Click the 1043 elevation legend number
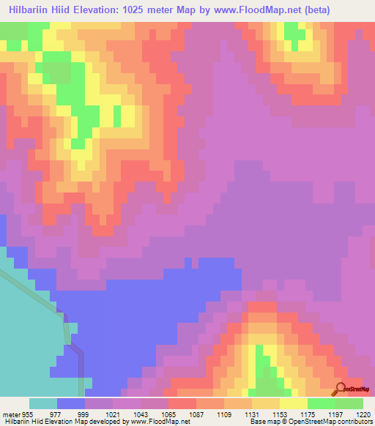[x=141, y=414]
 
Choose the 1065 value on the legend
[x=169, y=414]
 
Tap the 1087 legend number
[x=197, y=414]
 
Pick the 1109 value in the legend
[x=225, y=414]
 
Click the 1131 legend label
[x=253, y=414]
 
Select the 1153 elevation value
[x=281, y=414]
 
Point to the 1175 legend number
[x=308, y=414]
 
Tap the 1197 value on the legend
[x=336, y=414]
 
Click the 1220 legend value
[x=363, y=414]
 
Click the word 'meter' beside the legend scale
[x=12, y=414]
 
